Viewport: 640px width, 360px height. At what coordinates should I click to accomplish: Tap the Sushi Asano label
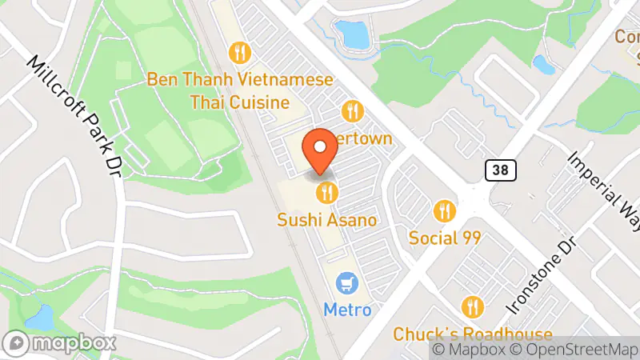click(x=326, y=218)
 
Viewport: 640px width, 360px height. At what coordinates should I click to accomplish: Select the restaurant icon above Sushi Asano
click(x=326, y=192)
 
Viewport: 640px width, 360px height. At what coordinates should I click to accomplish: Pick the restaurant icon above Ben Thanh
click(x=240, y=54)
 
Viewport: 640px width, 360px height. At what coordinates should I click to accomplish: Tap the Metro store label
click(x=347, y=309)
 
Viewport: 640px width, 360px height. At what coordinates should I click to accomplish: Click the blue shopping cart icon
click(x=347, y=283)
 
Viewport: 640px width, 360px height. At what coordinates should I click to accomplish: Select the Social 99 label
click(x=444, y=238)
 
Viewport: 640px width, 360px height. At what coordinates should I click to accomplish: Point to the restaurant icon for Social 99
click(x=444, y=211)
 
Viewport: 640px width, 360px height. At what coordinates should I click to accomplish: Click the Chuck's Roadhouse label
click(x=473, y=334)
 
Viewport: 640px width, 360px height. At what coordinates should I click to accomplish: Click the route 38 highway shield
click(x=500, y=170)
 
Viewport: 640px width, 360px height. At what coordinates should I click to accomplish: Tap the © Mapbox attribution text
click(x=469, y=349)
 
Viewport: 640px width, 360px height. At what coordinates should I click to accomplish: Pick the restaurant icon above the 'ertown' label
click(x=352, y=110)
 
